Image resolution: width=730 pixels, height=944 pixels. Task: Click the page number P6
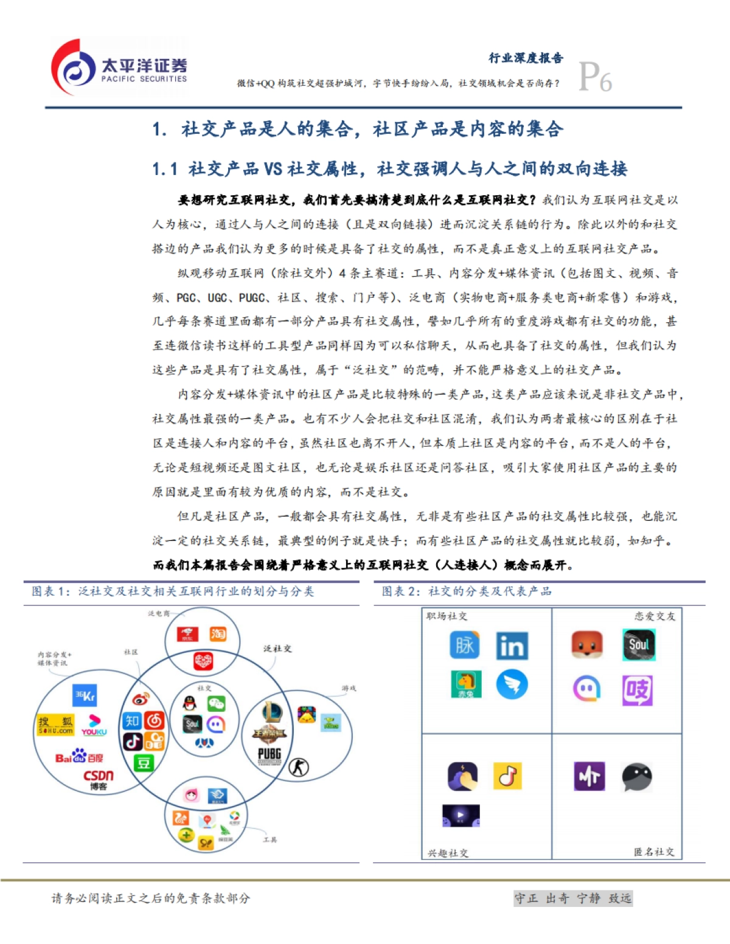click(595, 77)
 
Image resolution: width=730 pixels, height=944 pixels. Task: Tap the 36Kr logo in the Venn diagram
click(85, 695)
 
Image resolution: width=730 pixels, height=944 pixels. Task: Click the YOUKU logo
click(94, 725)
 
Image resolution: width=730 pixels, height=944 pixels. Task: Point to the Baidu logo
click(79, 757)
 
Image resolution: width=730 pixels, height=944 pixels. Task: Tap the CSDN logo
click(99, 779)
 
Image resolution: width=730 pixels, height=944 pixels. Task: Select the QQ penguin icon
click(190, 704)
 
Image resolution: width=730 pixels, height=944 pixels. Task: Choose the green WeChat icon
click(216, 704)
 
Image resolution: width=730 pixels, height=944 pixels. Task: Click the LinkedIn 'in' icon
click(512, 646)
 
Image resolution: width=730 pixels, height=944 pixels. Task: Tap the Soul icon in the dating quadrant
click(639, 644)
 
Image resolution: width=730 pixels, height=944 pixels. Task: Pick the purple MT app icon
click(589, 776)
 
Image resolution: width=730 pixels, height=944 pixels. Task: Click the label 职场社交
click(447, 616)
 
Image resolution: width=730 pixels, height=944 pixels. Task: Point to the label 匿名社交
click(654, 852)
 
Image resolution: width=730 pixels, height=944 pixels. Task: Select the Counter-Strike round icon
click(298, 767)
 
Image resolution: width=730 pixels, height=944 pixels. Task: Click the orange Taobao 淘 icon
click(218, 634)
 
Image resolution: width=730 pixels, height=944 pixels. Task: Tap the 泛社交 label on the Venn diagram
click(277, 649)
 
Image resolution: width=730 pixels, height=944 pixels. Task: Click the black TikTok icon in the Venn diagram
click(133, 741)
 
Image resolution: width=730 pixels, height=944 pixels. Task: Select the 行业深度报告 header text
click(526, 58)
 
